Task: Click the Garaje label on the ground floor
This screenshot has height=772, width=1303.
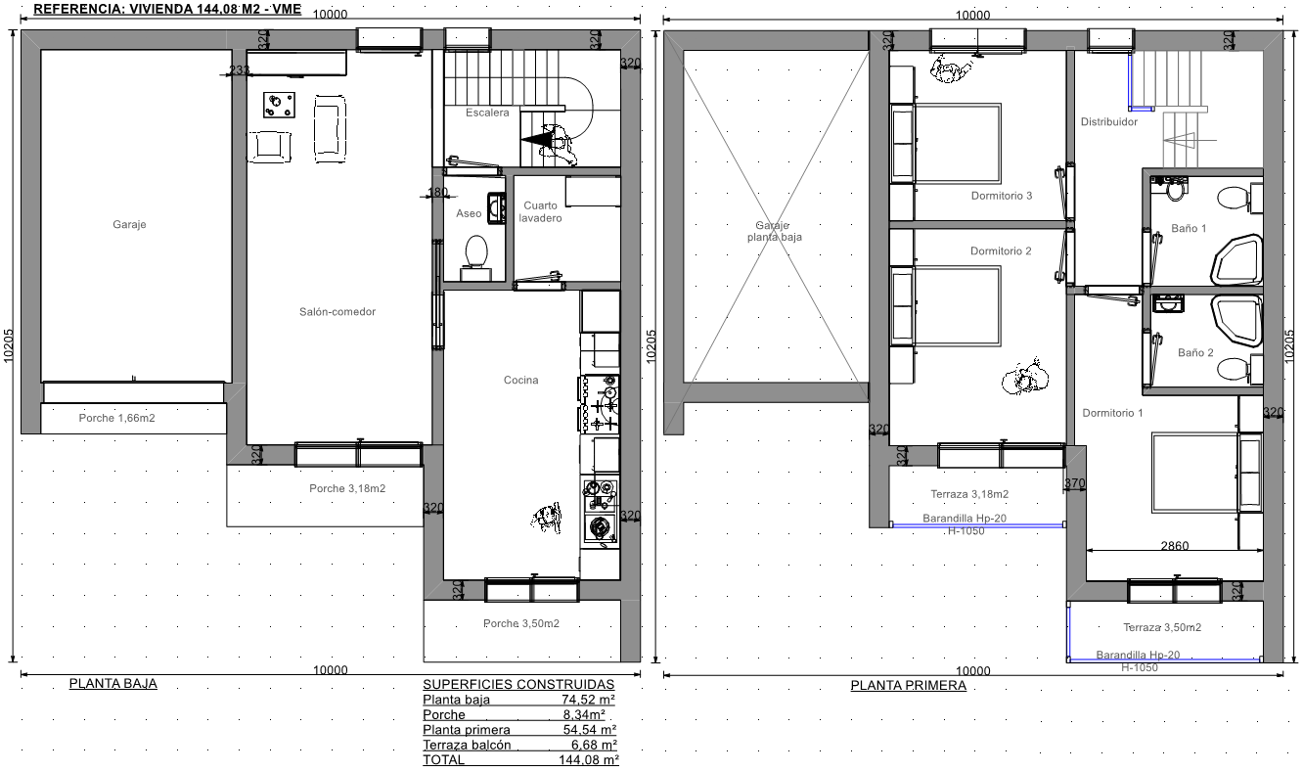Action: click(x=129, y=225)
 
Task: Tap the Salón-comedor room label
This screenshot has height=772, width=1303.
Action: click(x=337, y=312)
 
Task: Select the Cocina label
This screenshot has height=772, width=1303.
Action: click(x=521, y=380)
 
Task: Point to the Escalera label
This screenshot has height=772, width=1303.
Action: click(x=487, y=113)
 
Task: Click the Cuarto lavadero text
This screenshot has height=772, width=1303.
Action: click(x=540, y=211)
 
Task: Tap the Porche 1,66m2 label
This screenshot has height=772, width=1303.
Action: click(x=117, y=418)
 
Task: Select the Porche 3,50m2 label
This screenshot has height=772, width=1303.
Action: click(x=521, y=623)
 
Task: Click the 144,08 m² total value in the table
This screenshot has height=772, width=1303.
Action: click(x=589, y=760)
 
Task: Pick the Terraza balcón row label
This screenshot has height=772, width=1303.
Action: click(x=467, y=745)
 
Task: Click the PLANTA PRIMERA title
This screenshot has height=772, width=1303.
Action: click(x=909, y=685)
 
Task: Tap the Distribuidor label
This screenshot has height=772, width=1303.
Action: click(x=1109, y=121)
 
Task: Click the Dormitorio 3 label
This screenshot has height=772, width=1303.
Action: click(x=1002, y=196)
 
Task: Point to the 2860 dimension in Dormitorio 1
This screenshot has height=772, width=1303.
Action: click(x=1175, y=546)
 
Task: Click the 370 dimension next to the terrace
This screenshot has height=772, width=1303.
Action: click(x=1075, y=482)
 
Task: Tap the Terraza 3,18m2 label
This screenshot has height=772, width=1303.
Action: click(x=969, y=494)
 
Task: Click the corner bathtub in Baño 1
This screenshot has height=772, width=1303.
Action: click(x=1237, y=260)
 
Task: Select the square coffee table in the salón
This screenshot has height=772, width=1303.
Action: click(x=279, y=106)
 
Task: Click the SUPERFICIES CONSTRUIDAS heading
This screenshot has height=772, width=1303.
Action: click(x=518, y=684)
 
